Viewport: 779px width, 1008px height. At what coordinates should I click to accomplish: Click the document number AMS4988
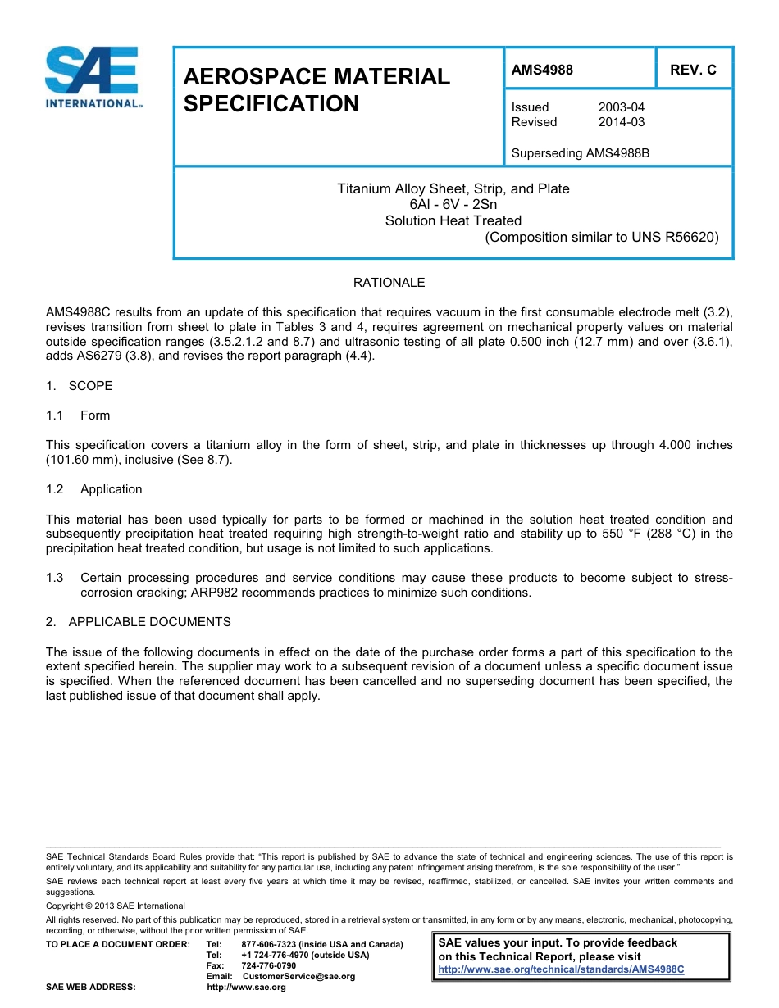coord(542,70)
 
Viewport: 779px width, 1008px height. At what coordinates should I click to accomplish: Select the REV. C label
coord(693,70)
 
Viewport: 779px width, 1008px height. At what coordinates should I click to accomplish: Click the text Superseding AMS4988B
coord(580,152)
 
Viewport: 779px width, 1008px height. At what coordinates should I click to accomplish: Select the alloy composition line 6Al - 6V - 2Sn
coord(453,205)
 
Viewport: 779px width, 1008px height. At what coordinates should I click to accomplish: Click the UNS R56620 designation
coord(674,238)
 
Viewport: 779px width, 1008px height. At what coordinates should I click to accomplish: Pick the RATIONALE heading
coord(389,283)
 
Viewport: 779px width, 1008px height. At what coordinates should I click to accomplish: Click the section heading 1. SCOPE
coord(80,386)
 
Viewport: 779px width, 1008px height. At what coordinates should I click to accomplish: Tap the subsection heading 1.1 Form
coord(79,415)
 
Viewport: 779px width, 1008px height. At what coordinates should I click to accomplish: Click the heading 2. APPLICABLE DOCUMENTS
coord(139,622)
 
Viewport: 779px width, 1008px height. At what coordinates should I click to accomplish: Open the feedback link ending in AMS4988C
coord(561,969)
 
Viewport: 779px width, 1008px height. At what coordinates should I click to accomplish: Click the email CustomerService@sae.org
coord(299,976)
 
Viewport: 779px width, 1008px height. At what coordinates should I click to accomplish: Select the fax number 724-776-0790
coord(269,965)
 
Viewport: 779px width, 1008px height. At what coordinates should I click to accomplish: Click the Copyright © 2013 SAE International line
coord(116,906)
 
